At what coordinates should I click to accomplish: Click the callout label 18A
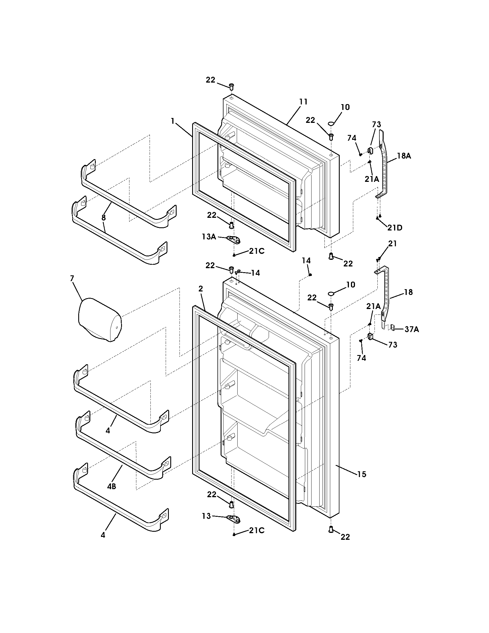tap(404, 156)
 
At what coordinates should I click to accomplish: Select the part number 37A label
tap(412, 329)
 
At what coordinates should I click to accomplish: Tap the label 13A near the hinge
tap(209, 237)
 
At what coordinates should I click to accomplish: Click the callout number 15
tap(362, 474)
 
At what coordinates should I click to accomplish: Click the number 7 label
tap(72, 279)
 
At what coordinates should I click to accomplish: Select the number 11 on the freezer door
tap(303, 102)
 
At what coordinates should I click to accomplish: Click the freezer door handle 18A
tap(383, 165)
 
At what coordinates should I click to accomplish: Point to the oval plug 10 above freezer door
tap(331, 124)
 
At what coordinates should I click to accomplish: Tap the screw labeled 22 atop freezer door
tap(232, 86)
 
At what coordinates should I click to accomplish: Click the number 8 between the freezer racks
tap(104, 217)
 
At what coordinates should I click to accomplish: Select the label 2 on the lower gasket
tap(200, 289)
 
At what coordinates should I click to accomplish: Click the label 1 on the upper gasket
tap(173, 121)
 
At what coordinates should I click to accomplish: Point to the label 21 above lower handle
tap(392, 244)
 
